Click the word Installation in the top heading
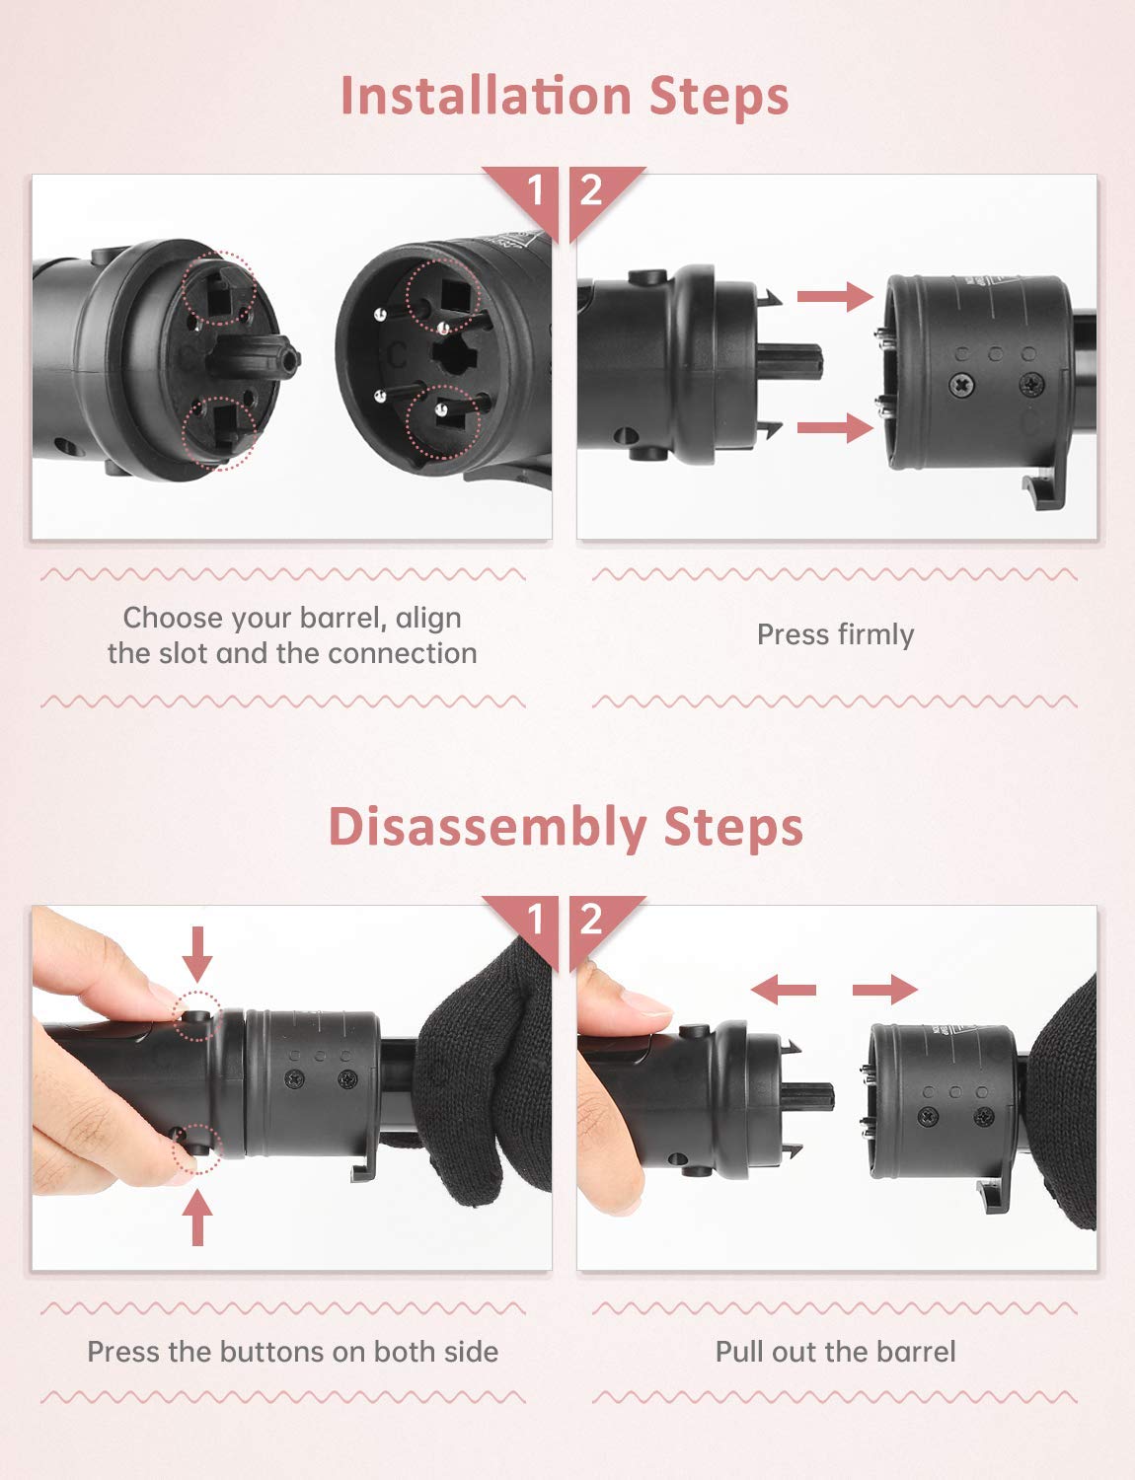485,96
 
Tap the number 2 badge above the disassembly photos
591,920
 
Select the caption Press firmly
835,634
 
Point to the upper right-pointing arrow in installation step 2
834,295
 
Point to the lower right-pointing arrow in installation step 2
834,427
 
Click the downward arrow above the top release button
198,953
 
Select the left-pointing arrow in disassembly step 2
783,989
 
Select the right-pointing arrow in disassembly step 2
885,989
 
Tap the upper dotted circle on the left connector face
219,289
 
